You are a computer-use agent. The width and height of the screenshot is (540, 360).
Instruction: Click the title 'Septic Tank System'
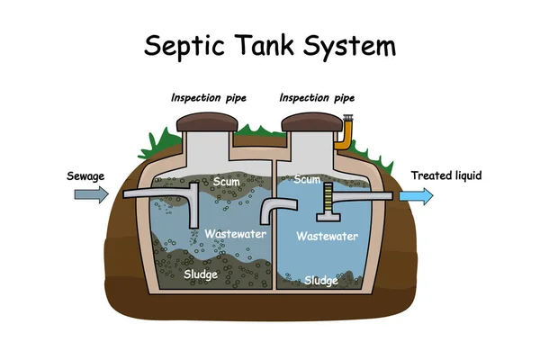coord(269,45)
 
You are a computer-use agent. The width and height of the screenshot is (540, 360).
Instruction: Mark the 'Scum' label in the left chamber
coord(227,183)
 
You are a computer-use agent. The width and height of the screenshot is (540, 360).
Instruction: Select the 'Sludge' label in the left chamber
coord(201,273)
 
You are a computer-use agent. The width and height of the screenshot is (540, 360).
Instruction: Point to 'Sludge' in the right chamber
coord(320,281)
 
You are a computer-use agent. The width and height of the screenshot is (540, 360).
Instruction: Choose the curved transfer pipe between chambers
coord(275,212)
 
